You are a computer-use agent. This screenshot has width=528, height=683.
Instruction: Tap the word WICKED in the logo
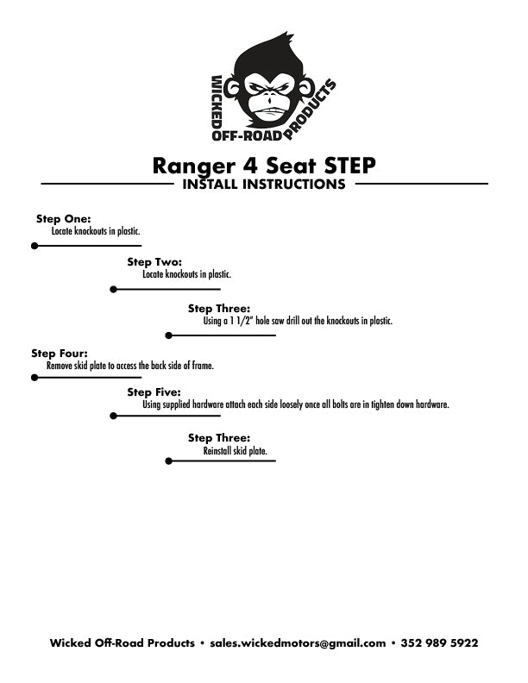point(217,103)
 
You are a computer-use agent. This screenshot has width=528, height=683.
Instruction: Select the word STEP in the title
point(349,165)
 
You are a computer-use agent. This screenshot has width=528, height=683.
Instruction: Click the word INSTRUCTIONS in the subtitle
point(293,185)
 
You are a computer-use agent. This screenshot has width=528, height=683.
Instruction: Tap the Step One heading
point(64,219)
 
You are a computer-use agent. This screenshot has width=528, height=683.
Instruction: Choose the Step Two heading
point(154,262)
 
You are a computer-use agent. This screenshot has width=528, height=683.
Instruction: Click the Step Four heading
point(60,354)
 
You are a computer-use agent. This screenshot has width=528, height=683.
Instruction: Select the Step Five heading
point(154,392)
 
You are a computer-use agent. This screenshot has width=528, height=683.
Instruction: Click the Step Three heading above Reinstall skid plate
point(219,438)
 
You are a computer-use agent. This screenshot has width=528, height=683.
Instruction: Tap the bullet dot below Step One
point(35,246)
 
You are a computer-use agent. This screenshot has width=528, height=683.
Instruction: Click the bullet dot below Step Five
point(113,416)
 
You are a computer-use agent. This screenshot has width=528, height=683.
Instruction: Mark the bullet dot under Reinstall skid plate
point(168,461)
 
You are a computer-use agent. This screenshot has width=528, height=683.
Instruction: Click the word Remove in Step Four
point(60,366)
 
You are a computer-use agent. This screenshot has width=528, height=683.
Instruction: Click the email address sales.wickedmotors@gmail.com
point(298,643)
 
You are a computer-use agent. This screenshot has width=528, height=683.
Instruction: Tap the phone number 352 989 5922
point(439,643)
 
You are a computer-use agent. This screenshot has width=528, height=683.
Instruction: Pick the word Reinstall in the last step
point(217,451)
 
